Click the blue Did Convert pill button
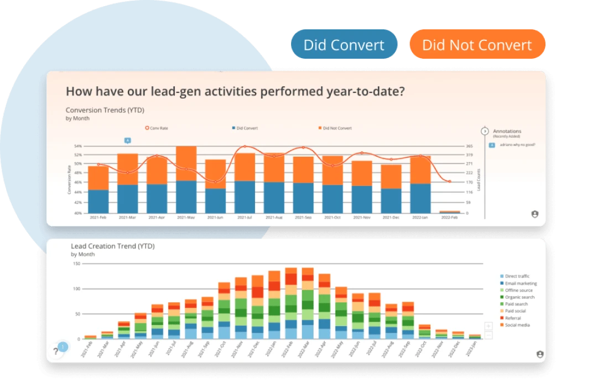344,45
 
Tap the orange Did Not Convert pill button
476,45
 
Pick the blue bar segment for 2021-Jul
245,197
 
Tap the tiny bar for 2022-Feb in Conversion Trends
449,212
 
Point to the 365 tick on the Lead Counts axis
469,146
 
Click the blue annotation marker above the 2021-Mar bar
127,141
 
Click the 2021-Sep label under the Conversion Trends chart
303,218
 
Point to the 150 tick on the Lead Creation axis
77,264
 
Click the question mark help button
56,351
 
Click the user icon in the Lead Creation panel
539,354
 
